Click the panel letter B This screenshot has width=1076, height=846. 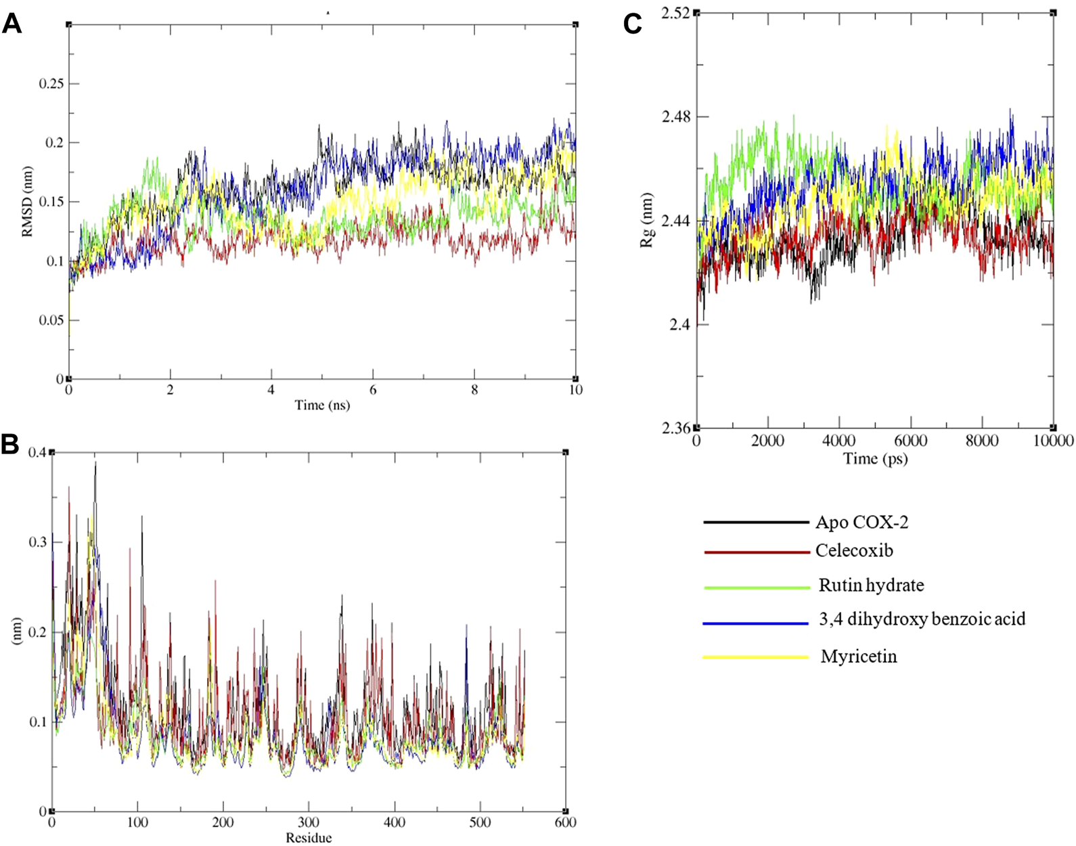10,445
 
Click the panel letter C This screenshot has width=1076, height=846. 633,25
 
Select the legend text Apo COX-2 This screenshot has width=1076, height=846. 861,522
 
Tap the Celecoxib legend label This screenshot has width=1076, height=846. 854,551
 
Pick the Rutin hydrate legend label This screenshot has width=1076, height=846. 871,585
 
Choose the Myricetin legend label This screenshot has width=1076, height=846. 859,656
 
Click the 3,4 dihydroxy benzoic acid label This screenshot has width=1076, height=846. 922,619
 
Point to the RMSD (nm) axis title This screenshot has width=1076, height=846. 28,202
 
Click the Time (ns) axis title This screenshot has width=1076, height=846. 322,405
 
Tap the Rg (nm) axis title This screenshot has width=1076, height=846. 648,221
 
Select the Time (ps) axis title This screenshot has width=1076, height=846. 875,459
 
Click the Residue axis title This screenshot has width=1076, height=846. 309,838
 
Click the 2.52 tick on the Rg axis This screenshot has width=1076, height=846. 675,13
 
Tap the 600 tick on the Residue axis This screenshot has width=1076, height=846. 565,823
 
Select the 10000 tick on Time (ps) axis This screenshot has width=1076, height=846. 1052,441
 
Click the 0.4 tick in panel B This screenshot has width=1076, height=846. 38,452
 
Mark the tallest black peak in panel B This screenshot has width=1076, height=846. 95,463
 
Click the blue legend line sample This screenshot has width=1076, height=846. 756,623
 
